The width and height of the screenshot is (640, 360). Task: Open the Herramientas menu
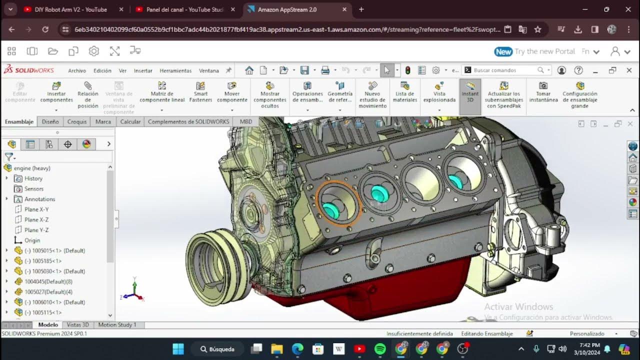[x=175, y=70]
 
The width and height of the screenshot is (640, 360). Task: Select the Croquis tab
[x=77, y=121]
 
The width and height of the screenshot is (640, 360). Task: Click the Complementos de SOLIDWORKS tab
[x=188, y=121]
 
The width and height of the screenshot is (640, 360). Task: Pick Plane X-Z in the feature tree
[x=36, y=219]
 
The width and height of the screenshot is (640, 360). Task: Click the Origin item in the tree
[x=32, y=240]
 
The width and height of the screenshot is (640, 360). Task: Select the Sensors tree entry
[x=34, y=188]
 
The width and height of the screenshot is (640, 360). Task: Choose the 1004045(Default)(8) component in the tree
[x=48, y=281]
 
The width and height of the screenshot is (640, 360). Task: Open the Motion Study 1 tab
[x=117, y=325]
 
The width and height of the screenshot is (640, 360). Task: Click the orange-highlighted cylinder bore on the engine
[x=338, y=201]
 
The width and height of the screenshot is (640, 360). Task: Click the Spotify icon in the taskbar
[x=380, y=349]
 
